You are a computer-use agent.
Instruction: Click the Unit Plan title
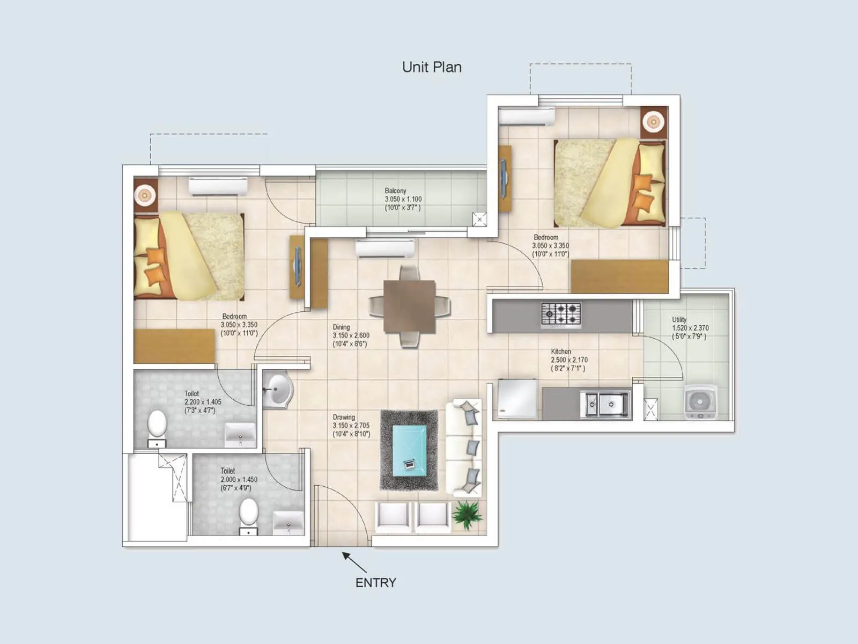tap(432, 67)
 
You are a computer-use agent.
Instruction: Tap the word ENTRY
tap(375, 582)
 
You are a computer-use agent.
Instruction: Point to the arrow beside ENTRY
tap(354, 562)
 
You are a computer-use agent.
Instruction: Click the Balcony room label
tap(395, 191)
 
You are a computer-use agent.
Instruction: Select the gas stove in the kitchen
tap(561, 315)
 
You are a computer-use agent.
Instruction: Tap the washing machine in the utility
tap(700, 401)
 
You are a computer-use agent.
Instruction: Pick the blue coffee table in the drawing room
tap(409, 450)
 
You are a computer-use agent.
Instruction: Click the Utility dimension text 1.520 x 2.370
tap(690, 328)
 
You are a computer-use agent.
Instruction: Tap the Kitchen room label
tap(561, 352)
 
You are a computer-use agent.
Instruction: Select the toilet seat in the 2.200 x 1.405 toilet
tap(157, 424)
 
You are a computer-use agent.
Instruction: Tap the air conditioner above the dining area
tap(384, 248)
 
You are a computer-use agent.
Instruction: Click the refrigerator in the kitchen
tap(517, 399)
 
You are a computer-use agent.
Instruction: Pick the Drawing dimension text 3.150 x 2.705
tap(351, 426)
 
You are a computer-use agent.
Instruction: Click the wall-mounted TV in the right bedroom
tap(504, 178)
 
